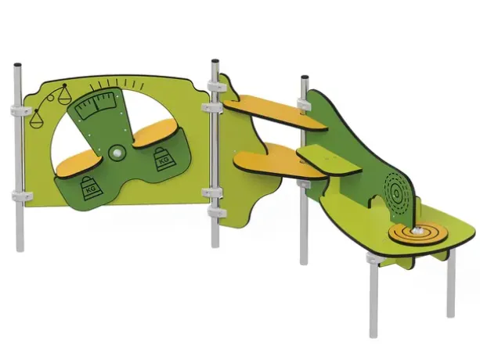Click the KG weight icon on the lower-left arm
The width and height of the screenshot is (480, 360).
(92, 189)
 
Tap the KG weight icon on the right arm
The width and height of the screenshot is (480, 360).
(162, 159)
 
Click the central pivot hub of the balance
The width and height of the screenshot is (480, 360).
(117, 153)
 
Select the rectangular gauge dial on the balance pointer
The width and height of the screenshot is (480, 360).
(97, 106)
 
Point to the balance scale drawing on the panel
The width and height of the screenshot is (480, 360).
(51, 105)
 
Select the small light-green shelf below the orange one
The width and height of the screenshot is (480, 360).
(329, 160)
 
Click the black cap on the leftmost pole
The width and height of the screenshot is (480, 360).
(17, 65)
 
